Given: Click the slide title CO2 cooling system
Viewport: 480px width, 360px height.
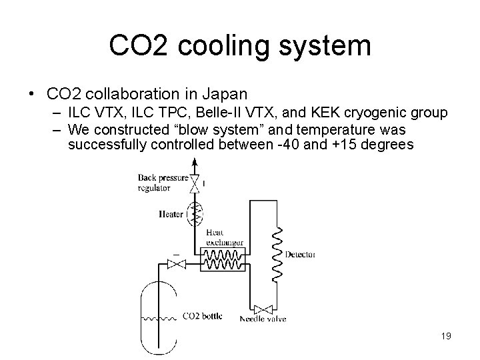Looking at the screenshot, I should coord(240,46).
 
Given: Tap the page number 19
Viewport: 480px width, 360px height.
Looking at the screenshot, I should coord(446,336).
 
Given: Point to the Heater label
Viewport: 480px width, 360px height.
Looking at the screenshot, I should coord(172,214).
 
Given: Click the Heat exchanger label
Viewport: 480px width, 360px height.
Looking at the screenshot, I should coord(225,237).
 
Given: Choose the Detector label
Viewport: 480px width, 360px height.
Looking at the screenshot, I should coord(300,255).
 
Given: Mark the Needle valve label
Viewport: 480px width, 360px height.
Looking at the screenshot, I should coord(263,319).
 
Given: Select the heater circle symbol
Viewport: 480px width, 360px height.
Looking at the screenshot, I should coord(195,213).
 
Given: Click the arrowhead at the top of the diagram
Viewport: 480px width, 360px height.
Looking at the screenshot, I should coord(195,162).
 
